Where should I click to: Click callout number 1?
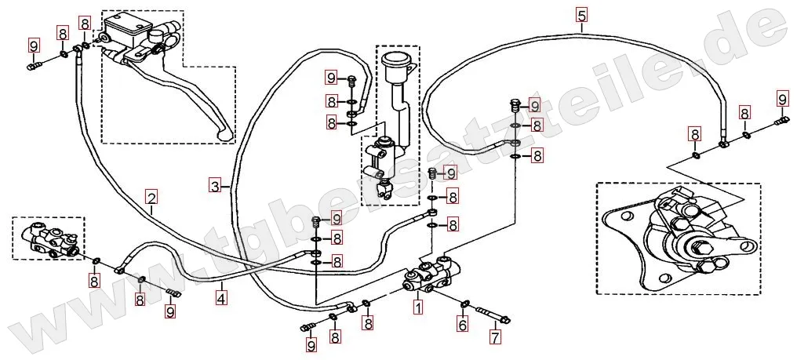coord(418,308)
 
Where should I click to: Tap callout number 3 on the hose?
coord(214,186)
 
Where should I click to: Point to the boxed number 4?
coord(222,298)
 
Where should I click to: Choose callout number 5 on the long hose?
coord(580,15)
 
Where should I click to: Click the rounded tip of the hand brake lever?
coord(227,136)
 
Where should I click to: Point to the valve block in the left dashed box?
coord(49,239)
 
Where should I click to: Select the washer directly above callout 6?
coord(464,304)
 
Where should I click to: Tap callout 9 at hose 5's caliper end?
coord(782,99)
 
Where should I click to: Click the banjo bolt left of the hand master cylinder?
coord(33,69)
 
